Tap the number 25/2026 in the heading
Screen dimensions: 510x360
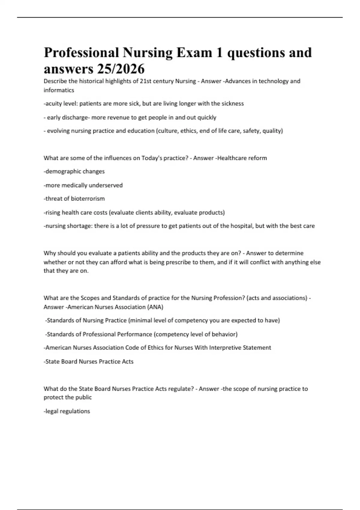(121, 69)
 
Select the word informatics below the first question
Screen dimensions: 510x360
(59, 90)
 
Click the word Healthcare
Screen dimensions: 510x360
(231, 158)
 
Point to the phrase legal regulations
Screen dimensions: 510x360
(67, 411)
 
